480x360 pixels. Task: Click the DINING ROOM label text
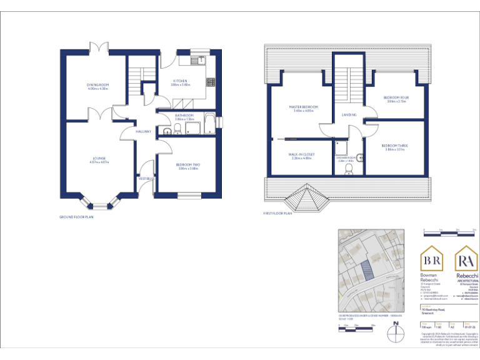coord(98,85)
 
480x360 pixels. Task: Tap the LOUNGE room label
coord(99,159)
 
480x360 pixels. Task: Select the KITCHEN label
coord(180,81)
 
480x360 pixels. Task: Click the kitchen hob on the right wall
coord(211,82)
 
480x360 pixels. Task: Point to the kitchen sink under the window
coord(187,60)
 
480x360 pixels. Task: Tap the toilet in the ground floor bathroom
coord(177,129)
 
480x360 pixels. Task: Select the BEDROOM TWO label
coord(187,165)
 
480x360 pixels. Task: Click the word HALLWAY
coord(144,131)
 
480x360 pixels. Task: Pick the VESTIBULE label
coord(146,179)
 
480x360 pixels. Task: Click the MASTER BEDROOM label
coord(303,107)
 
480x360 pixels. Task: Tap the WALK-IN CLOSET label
coord(301,154)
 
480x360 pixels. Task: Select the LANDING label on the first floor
coord(349,115)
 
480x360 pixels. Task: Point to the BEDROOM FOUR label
coord(396,98)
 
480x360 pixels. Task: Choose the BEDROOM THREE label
coord(395,146)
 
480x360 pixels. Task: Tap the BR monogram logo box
coord(432,259)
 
